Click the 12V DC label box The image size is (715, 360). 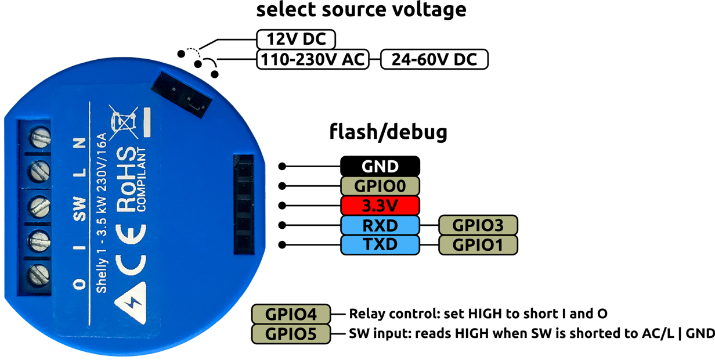click(x=297, y=39)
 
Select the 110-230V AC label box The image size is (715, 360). click(x=313, y=59)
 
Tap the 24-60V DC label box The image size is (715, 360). click(x=434, y=59)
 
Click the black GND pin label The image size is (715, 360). click(x=380, y=166)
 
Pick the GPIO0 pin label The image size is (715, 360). click(x=380, y=186)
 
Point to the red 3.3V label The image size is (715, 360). click(x=380, y=206)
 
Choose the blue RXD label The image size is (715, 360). click(x=380, y=225)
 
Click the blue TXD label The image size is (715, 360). click(x=380, y=244)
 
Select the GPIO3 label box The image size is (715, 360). click(x=478, y=225)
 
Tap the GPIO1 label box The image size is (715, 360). click(x=478, y=244)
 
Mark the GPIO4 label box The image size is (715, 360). click(x=291, y=314)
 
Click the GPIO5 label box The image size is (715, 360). click(x=291, y=334)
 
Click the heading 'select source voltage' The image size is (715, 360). click(x=361, y=10)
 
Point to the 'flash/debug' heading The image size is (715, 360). click(x=388, y=132)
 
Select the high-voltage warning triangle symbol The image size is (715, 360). click(x=131, y=302)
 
